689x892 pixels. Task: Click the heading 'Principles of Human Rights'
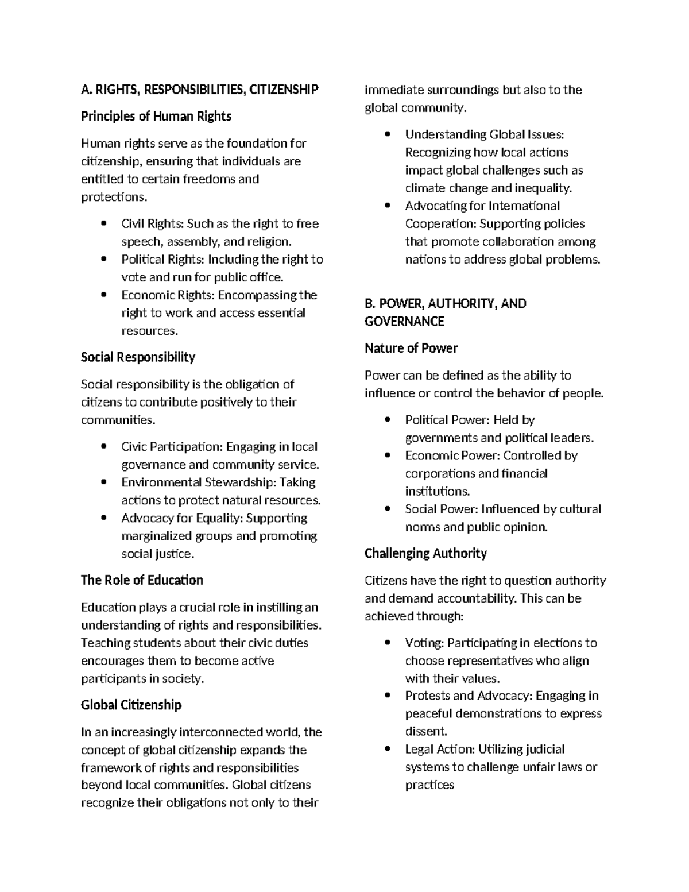point(156,117)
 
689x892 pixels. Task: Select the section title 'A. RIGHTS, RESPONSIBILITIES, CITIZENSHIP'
point(199,90)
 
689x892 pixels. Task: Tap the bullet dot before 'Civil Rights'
point(103,223)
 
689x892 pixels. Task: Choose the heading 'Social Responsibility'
point(138,357)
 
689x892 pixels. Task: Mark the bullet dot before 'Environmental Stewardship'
point(103,482)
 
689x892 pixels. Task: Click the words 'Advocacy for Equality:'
point(183,518)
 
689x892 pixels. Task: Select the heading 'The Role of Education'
point(142,580)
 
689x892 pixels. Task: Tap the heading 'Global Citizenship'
point(131,705)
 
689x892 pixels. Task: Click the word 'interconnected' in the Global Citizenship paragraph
point(221,732)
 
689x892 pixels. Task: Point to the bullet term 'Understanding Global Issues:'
point(484,134)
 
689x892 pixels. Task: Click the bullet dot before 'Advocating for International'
point(388,206)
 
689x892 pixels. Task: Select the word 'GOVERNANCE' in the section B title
point(404,322)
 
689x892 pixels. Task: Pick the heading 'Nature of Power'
point(411,349)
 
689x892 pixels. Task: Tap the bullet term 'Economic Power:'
point(452,456)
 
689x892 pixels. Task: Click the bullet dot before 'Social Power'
point(388,509)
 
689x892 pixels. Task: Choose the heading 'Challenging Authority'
point(425,554)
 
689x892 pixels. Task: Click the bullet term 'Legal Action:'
point(440,750)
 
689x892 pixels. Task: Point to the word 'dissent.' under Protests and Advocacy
point(425,732)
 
